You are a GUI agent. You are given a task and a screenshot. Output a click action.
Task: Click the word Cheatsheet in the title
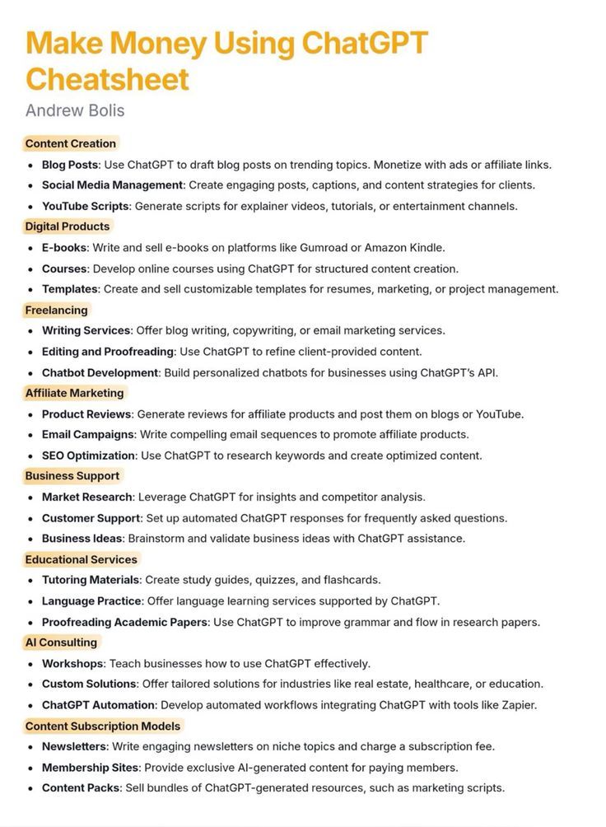(x=108, y=79)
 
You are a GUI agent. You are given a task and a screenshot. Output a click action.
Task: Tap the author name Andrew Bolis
(x=75, y=110)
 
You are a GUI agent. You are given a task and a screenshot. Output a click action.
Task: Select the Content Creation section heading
(x=71, y=143)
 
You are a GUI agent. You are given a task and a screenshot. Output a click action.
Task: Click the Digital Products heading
(x=68, y=227)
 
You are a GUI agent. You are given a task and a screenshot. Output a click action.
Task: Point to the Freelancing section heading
(x=56, y=310)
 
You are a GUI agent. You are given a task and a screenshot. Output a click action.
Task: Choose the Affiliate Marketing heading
(x=74, y=393)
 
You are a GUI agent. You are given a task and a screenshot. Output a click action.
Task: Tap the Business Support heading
(x=72, y=476)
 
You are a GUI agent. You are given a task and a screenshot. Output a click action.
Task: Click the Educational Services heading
(x=81, y=559)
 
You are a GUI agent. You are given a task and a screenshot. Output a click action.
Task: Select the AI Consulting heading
(x=61, y=642)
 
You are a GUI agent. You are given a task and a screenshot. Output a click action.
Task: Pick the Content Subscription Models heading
(x=103, y=726)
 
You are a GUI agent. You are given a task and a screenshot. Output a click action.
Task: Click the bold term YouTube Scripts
(x=86, y=206)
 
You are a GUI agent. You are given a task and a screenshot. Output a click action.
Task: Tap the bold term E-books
(x=64, y=248)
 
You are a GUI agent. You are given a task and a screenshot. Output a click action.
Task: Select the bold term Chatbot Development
(x=100, y=372)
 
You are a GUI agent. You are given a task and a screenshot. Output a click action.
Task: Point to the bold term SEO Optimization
(x=88, y=456)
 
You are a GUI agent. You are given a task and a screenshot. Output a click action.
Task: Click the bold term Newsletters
(x=75, y=746)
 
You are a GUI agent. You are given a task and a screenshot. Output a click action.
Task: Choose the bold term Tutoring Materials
(x=91, y=580)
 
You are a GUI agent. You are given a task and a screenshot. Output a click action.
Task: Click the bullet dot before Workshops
(x=30, y=664)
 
